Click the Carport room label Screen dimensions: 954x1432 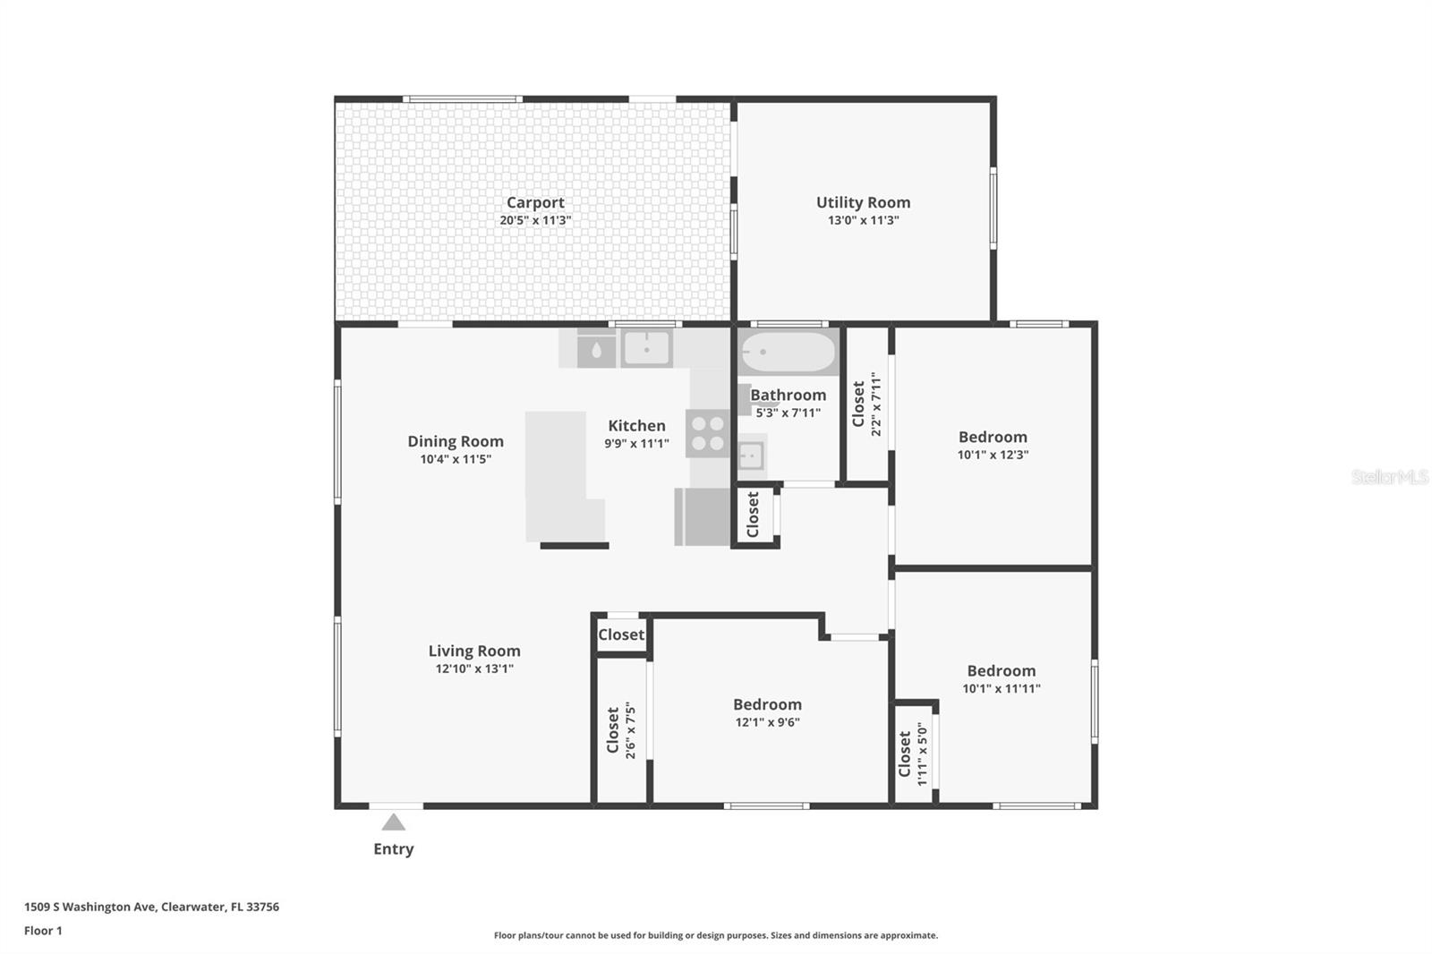pos(535,202)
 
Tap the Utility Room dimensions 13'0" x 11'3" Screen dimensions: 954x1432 pos(863,220)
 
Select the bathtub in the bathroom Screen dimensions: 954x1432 pos(788,352)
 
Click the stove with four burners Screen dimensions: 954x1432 pos(708,433)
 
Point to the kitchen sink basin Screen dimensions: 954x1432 pos(646,349)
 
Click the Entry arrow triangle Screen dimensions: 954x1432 pos(393,822)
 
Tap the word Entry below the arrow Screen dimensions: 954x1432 pos(393,848)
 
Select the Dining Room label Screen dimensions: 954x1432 pos(456,441)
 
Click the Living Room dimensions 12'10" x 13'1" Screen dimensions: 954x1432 pos(474,669)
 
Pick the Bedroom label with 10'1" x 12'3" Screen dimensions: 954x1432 pos(993,437)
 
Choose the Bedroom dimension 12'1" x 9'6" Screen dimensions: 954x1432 pos(767,722)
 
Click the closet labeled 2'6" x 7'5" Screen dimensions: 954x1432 pos(621,731)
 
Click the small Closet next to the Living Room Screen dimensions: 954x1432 pos(621,635)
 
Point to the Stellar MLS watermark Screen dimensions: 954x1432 pos(1389,477)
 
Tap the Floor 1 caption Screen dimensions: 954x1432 pos(43,931)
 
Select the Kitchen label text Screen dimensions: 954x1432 pos(636,426)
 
